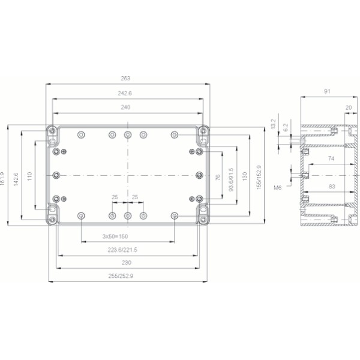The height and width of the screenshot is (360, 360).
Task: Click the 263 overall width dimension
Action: [x=125, y=78]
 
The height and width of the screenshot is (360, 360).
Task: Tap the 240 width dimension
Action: [x=125, y=107]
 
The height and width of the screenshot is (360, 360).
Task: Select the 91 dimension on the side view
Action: [x=327, y=92]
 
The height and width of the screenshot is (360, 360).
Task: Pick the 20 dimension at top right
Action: [x=349, y=107]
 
